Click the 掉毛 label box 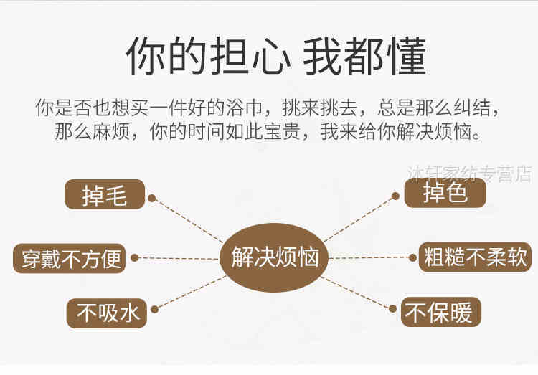tap(105, 194)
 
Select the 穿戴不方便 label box tap(69, 258)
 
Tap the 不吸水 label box tap(106, 313)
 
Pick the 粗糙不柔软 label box tap(475, 257)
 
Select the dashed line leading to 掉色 tap(359, 218)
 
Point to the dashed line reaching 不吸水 tap(188, 291)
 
